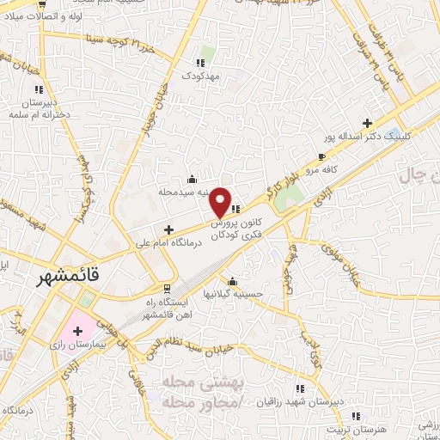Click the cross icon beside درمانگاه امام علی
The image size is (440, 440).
(168, 230)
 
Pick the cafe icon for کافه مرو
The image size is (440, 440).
(321, 157)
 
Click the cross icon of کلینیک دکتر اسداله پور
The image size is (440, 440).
(368, 123)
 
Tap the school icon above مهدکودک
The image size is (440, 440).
(201, 63)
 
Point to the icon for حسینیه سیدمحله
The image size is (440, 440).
(190, 180)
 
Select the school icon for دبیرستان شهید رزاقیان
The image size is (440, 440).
(299, 388)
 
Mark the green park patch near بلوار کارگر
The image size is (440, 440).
(290, 195)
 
